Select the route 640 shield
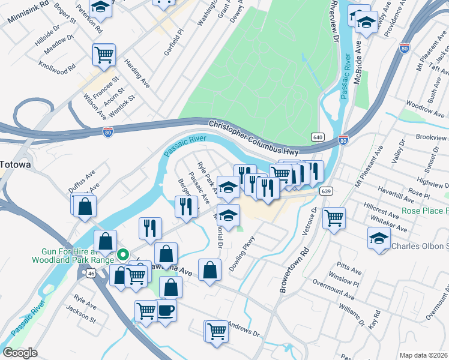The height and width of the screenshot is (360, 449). (318, 138)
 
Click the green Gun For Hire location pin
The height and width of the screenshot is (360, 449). (123, 254)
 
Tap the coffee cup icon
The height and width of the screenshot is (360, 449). (166, 311)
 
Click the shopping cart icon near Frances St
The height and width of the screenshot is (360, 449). (104, 54)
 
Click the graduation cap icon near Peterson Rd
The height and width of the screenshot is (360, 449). (101, 7)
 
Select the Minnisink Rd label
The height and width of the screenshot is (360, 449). (28, 12)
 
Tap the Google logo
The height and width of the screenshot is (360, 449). (20, 353)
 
